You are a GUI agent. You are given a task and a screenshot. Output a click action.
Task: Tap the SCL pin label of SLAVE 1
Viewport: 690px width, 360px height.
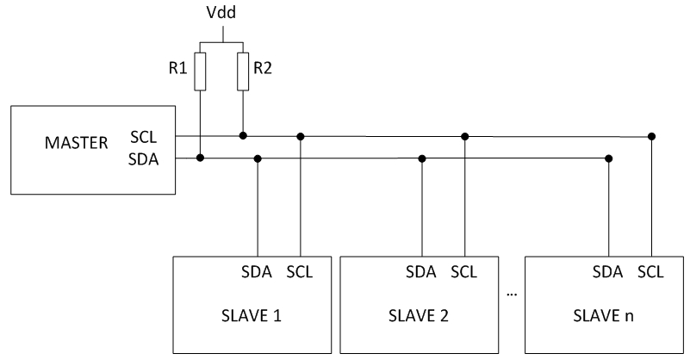299,272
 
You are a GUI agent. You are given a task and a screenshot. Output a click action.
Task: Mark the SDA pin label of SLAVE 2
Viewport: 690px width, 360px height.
422,272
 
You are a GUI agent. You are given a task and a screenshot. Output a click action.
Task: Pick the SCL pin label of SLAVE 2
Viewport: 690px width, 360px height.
463,272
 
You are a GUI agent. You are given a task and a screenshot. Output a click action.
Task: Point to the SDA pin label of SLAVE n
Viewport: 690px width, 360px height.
609,272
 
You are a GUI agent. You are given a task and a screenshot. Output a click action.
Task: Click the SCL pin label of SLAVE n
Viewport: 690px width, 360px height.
651,272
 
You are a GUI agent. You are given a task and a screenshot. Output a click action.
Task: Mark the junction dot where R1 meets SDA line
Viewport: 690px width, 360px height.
200,158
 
